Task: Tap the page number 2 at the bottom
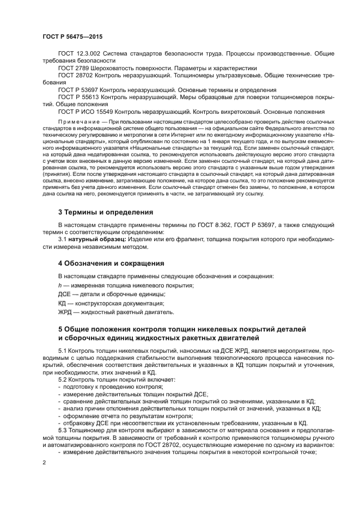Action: tap(45, 463)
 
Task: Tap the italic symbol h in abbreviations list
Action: tap(59, 285)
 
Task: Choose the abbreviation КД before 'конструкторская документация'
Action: tap(63, 303)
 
